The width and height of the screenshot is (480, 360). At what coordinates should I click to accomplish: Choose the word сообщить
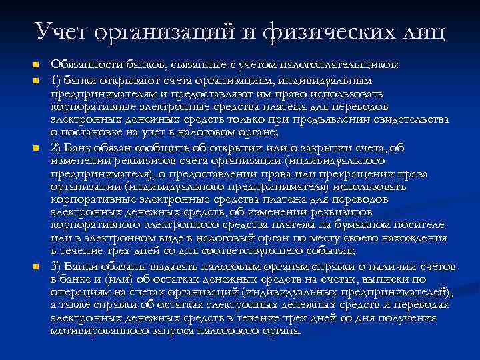tap(159, 147)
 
